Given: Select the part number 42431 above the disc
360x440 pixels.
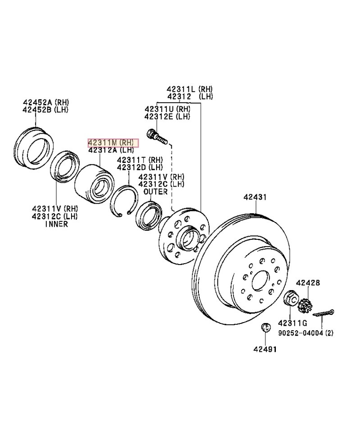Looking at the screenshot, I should tap(256, 198).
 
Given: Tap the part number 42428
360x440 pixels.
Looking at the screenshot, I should tap(308, 283).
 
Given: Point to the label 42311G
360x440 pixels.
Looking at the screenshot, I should tap(292, 323).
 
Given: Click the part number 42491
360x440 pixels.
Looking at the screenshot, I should tap(265, 349).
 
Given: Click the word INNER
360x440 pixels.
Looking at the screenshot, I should tap(57, 224).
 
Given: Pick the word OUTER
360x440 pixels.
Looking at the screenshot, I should tap(155, 192).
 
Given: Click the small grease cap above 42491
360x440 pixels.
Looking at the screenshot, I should tap(265, 328).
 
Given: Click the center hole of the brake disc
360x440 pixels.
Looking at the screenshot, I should tap(260, 282).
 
